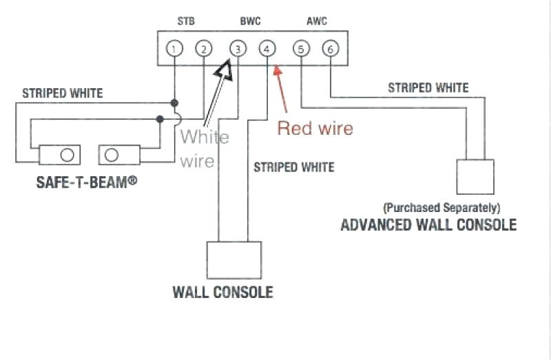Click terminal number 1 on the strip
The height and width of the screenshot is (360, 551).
point(176,49)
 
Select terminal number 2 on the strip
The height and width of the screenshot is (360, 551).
point(203,49)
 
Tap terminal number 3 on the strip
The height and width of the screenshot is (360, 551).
point(238,49)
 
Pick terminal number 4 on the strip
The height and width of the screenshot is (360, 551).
point(267,49)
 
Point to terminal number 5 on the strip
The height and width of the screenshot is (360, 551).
point(301,49)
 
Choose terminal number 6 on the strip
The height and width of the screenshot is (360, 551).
point(331,49)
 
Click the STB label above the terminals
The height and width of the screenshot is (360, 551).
point(186,21)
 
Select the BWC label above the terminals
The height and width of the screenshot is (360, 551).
point(250,21)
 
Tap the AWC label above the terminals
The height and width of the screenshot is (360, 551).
point(316,21)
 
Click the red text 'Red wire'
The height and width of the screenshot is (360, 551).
point(315,128)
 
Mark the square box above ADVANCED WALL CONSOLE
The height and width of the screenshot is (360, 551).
point(476,176)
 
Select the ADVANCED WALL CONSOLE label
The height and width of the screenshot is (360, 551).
point(428,225)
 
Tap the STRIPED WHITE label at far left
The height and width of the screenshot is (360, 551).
point(63,93)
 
